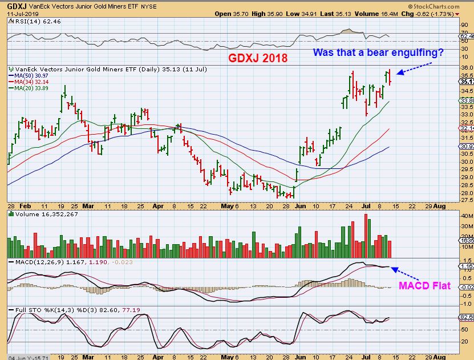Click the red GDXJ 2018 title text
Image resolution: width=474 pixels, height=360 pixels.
[258, 58]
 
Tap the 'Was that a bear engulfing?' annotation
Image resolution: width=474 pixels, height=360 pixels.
[378, 53]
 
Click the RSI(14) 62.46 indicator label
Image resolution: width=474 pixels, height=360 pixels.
[28, 21]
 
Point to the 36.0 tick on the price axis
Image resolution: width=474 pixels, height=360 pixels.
[465, 67]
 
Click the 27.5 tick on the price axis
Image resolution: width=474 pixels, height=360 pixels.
[465, 200]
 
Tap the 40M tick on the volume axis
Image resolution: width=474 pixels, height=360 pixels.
[465, 216]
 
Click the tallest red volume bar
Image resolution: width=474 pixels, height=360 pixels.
[365, 236]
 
